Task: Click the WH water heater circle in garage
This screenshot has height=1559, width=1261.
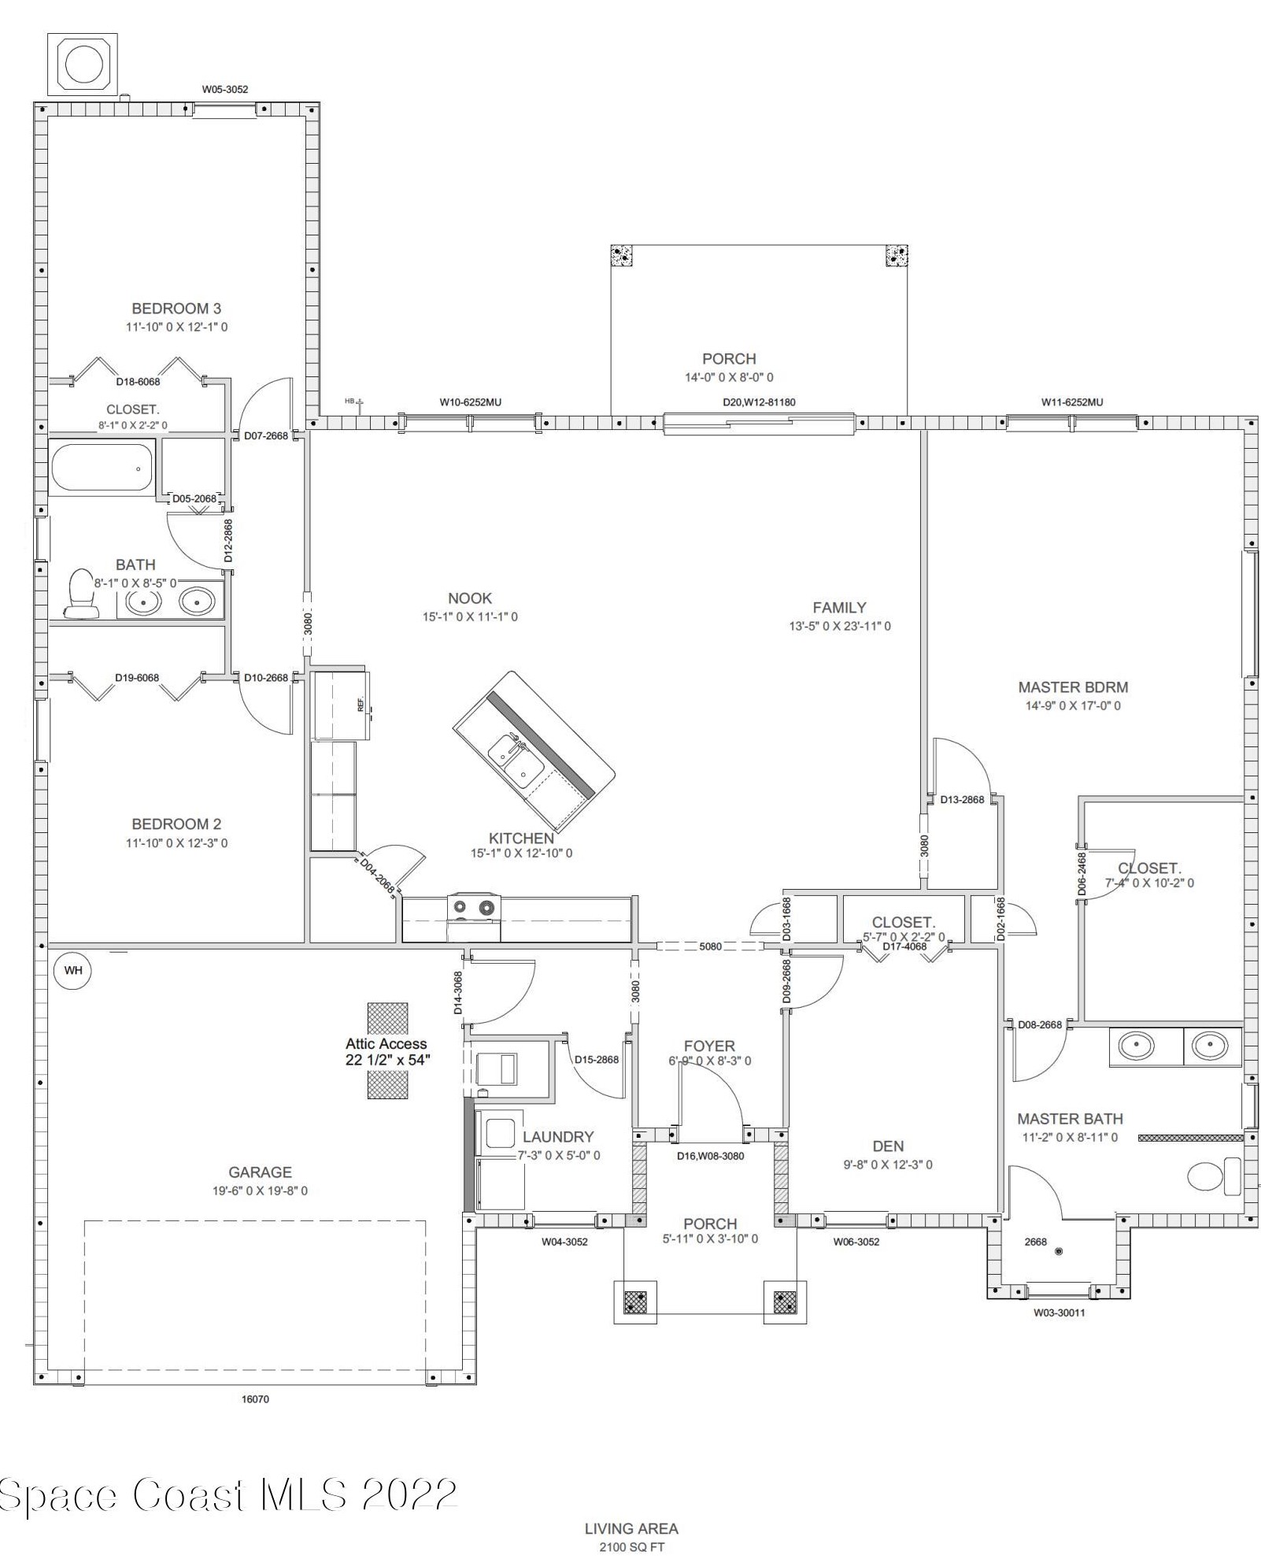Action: (72, 970)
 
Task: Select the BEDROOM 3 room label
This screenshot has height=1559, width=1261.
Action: (176, 309)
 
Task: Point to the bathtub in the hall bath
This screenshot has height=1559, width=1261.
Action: (102, 468)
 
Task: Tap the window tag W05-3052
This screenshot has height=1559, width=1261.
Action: (224, 90)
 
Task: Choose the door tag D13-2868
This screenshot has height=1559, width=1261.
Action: (962, 800)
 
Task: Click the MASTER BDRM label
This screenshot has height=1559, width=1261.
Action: (1072, 687)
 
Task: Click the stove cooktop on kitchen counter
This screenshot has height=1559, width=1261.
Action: (473, 908)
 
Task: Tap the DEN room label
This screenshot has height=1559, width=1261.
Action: (888, 1146)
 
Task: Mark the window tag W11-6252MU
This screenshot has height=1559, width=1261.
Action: (1071, 402)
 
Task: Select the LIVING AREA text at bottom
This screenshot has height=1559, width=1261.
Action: (631, 1529)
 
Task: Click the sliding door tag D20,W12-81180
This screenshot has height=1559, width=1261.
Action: (759, 402)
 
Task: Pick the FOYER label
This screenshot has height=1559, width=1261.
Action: (708, 1046)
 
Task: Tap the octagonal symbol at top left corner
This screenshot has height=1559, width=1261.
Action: (83, 64)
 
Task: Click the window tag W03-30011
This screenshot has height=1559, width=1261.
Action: (1059, 1313)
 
